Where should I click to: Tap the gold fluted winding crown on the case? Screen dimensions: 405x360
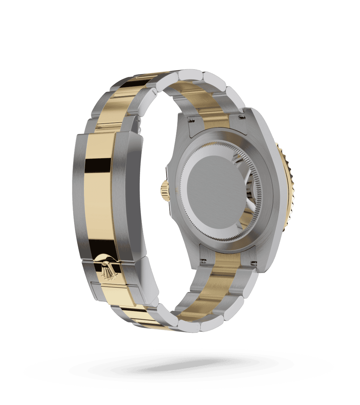pos(165,191)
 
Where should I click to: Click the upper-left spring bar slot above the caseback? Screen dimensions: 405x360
pos(192,119)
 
